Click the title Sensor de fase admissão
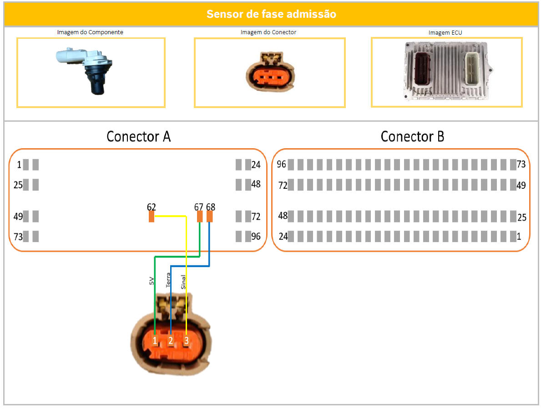point(271,14)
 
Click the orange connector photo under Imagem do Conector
point(270,73)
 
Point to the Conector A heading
point(138,136)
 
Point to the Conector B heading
point(412,136)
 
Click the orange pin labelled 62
point(152,217)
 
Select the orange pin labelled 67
point(200,217)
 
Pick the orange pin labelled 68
point(210,217)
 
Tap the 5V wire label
point(152,281)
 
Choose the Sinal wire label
point(184,281)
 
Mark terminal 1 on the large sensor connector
point(155,340)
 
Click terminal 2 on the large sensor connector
point(171,340)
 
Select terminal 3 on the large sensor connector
point(186,340)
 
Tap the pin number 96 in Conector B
point(282,164)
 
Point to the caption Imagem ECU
point(445,33)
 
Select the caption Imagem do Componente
point(90,32)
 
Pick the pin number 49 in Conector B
point(521,185)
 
